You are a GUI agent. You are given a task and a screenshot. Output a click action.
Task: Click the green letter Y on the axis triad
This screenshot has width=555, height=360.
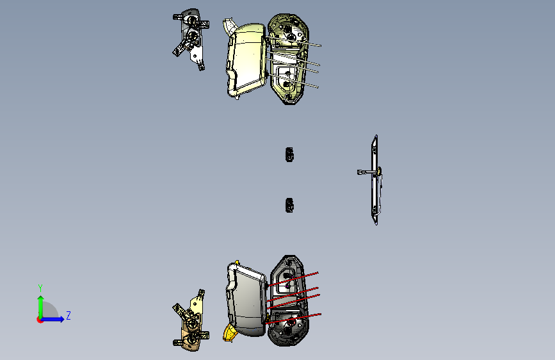pos(40,288)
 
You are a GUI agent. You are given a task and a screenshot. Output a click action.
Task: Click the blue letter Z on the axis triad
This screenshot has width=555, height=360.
pos(68,315)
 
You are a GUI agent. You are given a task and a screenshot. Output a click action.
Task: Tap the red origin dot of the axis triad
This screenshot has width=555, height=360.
pos(40,320)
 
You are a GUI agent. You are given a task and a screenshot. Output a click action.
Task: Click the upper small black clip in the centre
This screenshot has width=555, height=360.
pos(289,155)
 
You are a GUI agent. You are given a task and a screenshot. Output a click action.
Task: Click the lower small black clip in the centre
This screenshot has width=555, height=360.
pos(289,206)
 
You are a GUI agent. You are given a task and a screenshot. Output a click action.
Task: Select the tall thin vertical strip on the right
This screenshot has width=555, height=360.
pos(375,179)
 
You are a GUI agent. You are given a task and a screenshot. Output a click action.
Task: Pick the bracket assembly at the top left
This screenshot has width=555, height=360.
pos(191,38)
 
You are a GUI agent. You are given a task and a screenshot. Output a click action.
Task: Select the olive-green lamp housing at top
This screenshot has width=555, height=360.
pos(288,59)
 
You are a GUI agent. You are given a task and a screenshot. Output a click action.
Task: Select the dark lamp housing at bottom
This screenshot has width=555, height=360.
pos(287,300)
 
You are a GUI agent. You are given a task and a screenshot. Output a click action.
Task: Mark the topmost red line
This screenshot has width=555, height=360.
pos(293,279)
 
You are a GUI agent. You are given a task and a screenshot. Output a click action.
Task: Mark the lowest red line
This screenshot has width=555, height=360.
pos(293,318)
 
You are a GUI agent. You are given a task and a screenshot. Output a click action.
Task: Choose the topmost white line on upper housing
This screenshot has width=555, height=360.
pos(293,41)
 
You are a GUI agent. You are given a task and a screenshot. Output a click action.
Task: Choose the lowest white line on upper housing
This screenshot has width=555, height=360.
pos(293,81)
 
